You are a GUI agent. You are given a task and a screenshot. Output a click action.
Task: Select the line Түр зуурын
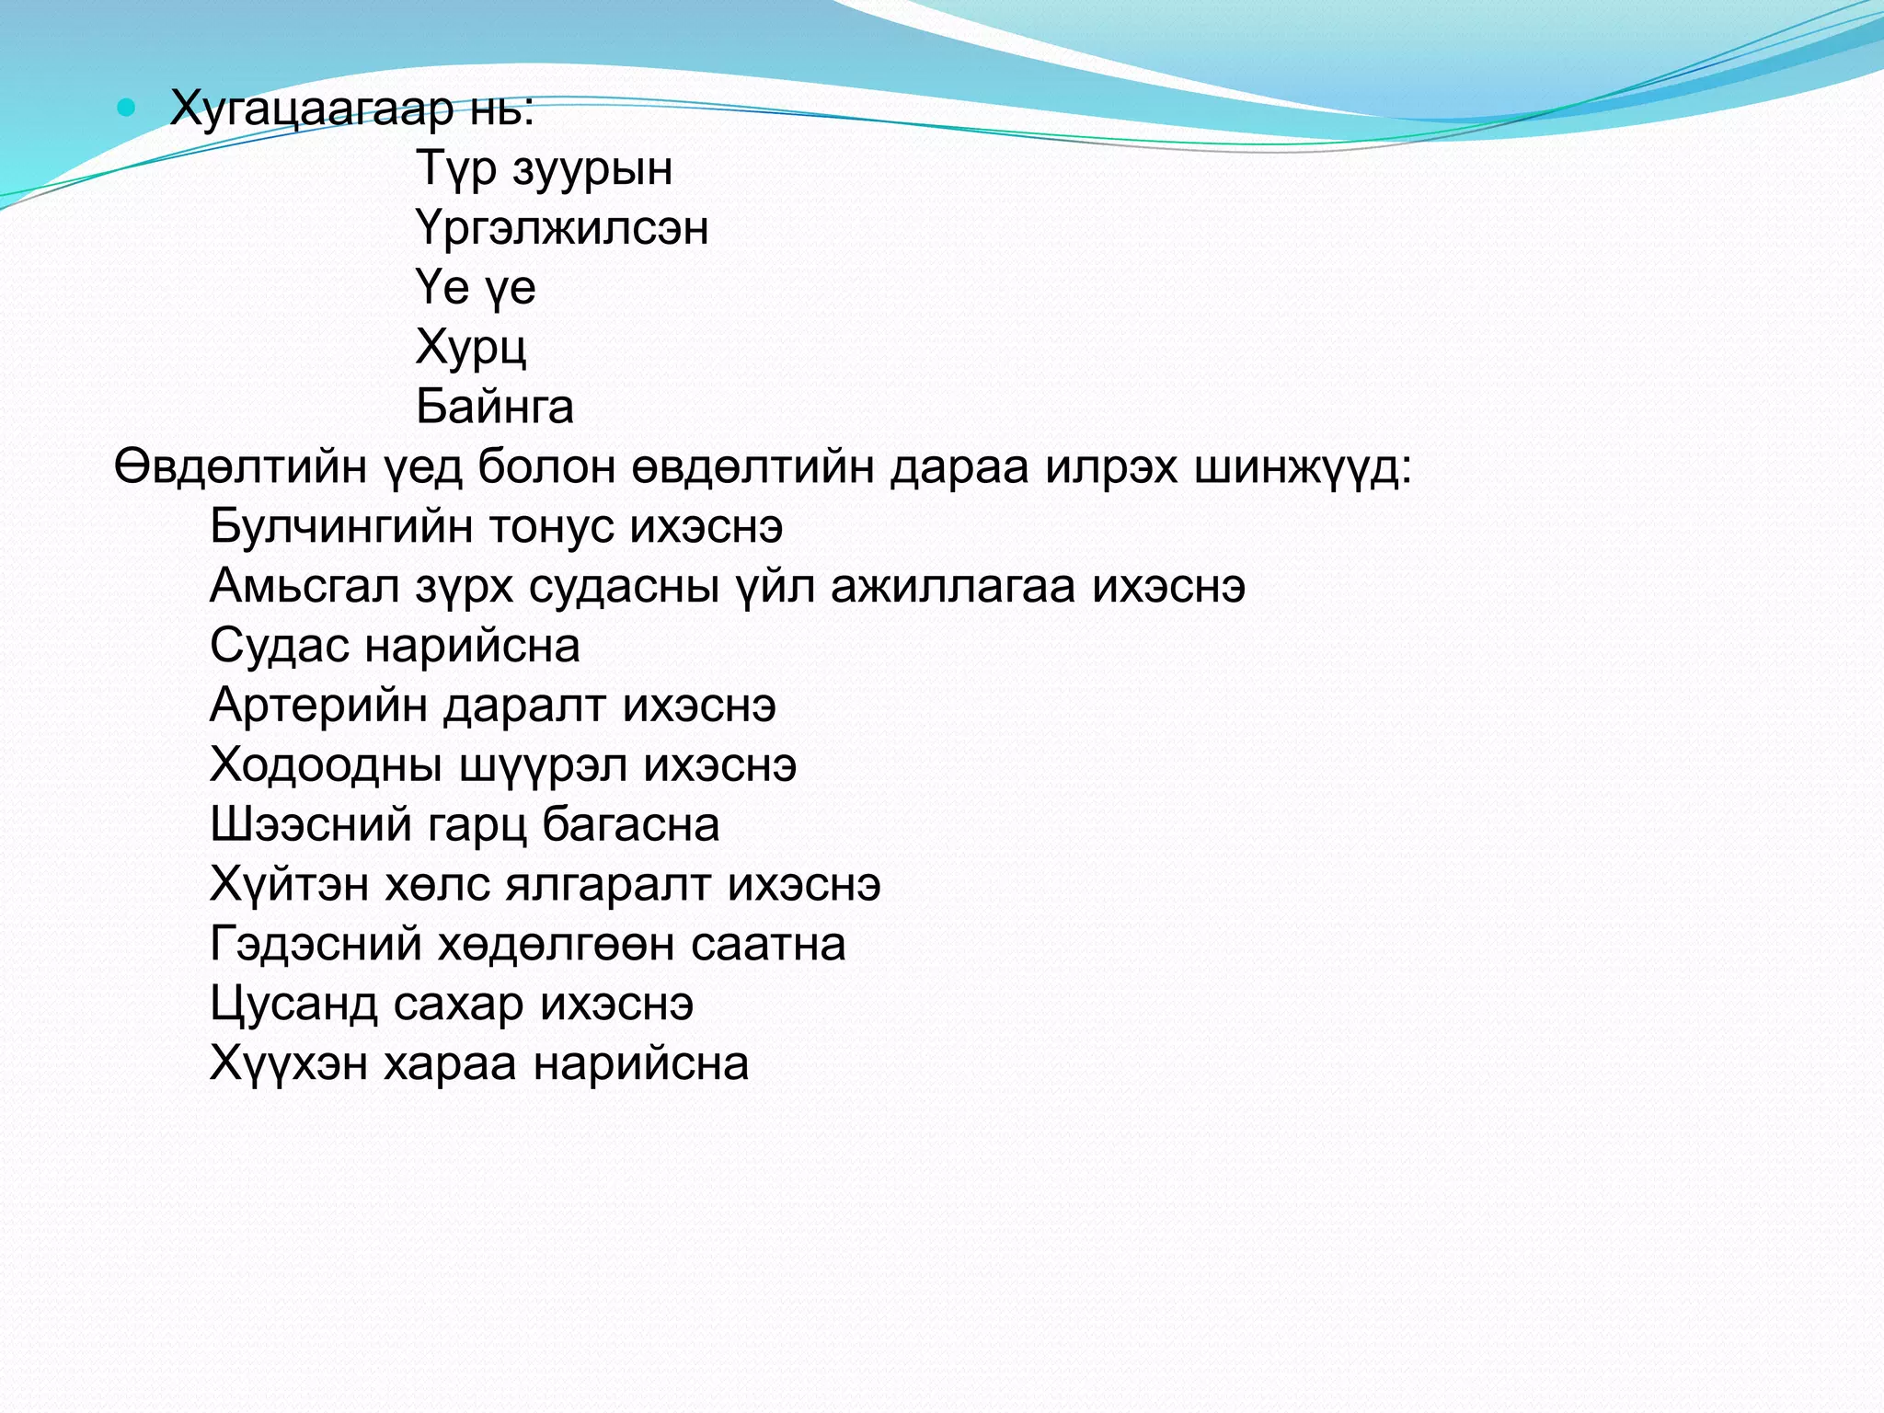pyautogui.click(x=544, y=169)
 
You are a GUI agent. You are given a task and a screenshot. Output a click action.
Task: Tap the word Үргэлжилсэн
pyautogui.click(x=562, y=228)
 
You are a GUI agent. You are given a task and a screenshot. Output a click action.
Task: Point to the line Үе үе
pyautogui.click(x=475, y=288)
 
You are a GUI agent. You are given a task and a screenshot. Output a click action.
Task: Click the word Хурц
pyautogui.click(x=471, y=348)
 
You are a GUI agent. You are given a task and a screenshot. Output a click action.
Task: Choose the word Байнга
pyautogui.click(x=495, y=407)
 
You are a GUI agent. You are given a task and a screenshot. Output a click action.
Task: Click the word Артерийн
pyautogui.click(x=318, y=706)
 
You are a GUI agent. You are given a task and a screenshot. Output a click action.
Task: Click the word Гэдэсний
pyautogui.click(x=316, y=944)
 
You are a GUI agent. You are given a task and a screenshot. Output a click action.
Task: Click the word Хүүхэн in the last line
pyautogui.click(x=288, y=1063)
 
